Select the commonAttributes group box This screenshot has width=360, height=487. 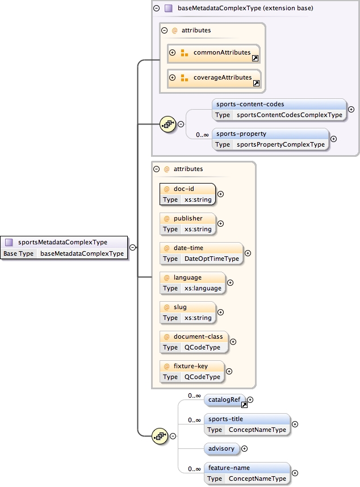(x=214, y=53)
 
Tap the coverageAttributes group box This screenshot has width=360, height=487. (x=214, y=78)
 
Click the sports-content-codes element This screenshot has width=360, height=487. (x=250, y=105)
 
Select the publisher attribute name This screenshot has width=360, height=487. (x=187, y=218)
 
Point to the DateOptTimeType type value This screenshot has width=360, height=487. (x=211, y=259)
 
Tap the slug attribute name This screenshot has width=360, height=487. (x=180, y=307)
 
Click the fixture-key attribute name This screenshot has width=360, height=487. (x=191, y=366)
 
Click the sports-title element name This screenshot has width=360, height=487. (x=225, y=419)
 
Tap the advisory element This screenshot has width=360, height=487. (x=221, y=448)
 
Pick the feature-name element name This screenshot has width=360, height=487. (x=229, y=468)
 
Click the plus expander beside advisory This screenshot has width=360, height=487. (x=245, y=448)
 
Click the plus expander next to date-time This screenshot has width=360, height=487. (x=248, y=253)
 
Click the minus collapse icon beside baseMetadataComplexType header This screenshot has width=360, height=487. (x=156, y=9)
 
